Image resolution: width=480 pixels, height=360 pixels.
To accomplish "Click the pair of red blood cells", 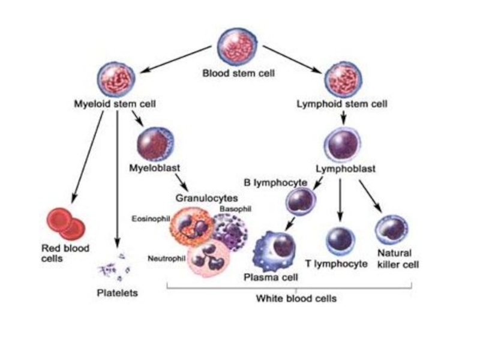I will point(65,224).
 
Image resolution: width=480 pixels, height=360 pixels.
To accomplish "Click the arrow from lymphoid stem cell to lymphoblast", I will point(343,118).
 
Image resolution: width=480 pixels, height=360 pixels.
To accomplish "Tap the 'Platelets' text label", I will point(118,293).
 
